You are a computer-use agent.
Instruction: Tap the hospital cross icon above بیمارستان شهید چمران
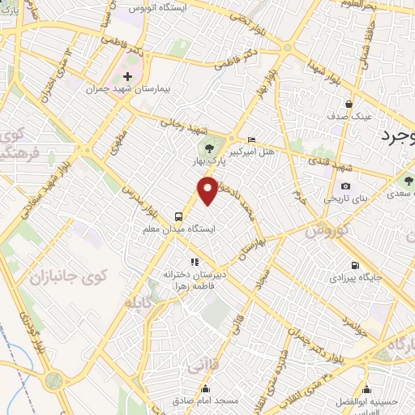point(126,76)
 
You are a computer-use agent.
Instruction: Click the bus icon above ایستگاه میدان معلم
point(178,216)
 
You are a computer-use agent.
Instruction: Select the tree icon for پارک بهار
point(209,148)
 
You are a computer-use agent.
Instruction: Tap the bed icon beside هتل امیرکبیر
point(250,139)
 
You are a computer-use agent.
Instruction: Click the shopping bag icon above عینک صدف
point(349,104)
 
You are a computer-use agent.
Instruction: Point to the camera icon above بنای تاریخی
point(346,186)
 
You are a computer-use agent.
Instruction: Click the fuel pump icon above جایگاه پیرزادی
point(355,265)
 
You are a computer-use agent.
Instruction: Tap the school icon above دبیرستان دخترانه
point(194,262)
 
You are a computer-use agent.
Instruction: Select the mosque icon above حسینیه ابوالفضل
point(368,388)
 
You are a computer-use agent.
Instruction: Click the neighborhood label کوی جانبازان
point(69,279)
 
